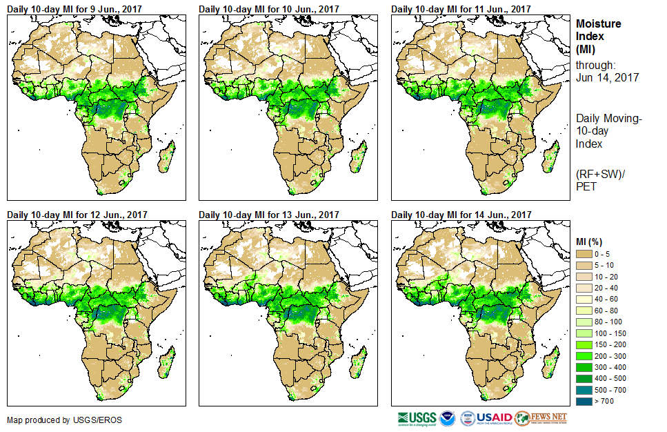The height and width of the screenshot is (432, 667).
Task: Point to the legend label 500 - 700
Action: [x=608, y=389]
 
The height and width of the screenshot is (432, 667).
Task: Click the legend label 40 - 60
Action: [x=606, y=300]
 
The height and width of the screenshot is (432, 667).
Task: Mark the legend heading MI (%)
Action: [x=591, y=241]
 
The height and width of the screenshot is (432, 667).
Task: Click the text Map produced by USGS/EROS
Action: [x=55, y=420]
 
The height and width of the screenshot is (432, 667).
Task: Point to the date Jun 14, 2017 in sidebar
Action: [x=607, y=77]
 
